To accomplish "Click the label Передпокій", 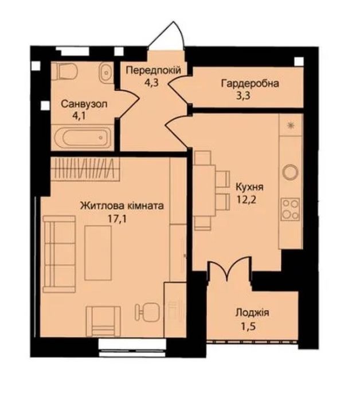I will click(153, 70).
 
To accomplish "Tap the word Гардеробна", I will click(250, 84).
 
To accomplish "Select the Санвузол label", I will click(85, 103).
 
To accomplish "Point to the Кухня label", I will click(249, 187).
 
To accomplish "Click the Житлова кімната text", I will click(122, 205).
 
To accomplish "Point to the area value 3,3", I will click(250, 96).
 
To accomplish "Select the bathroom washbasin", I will click(105, 73).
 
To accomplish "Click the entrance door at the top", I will click(166, 37).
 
